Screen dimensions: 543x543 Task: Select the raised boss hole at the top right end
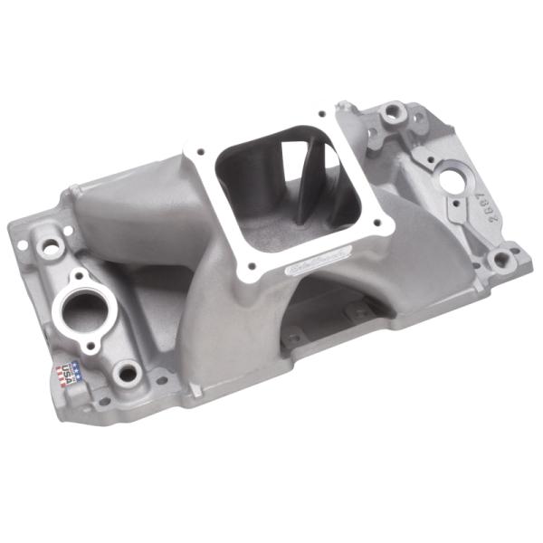(x=394, y=111)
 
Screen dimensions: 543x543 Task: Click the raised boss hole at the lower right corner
(x=500, y=259)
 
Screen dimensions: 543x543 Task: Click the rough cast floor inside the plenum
(x=271, y=231)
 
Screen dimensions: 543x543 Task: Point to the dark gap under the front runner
(x=335, y=303)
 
